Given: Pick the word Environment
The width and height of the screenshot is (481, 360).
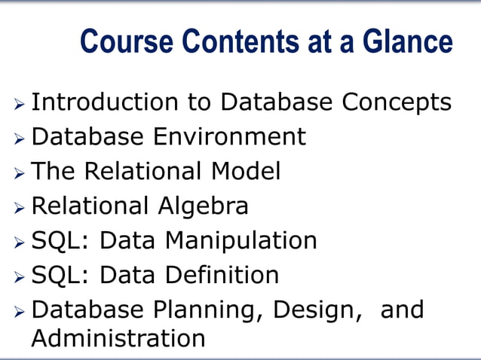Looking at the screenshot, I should click(x=230, y=137).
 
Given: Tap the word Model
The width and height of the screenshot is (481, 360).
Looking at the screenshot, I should click(x=246, y=172).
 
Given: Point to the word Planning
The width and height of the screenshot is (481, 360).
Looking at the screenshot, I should click(x=207, y=310).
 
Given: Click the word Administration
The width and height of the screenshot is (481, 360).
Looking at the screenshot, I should click(x=118, y=338).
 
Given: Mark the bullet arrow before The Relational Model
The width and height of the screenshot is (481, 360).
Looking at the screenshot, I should click(x=20, y=173).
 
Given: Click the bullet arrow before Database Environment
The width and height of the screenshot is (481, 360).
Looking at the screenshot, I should click(x=20, y=139).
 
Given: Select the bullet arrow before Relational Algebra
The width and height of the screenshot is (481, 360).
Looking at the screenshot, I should click(x=20, y=208).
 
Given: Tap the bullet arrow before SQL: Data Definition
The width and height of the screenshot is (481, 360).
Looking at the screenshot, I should click(x=20, y=276).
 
